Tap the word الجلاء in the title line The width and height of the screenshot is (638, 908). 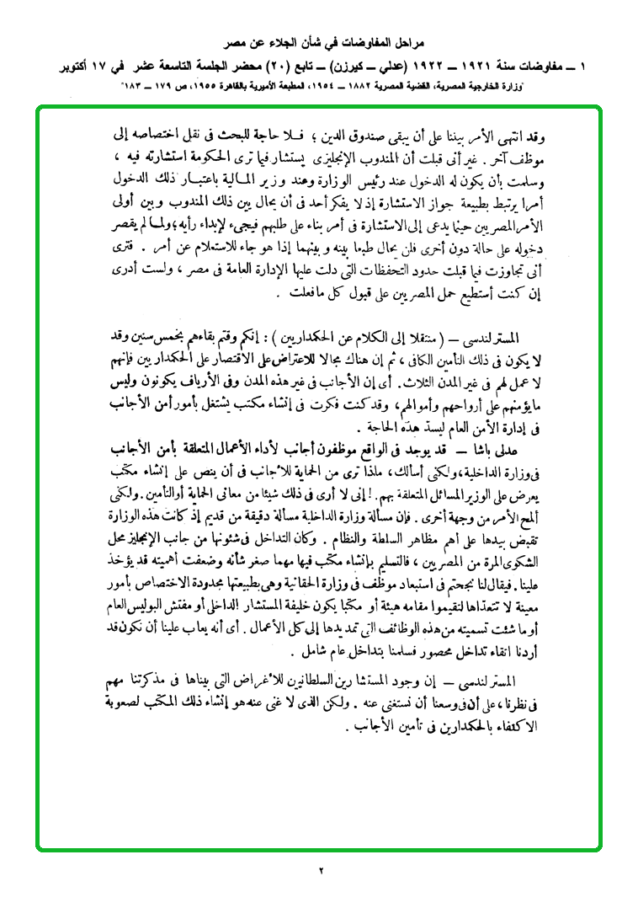[280, 40]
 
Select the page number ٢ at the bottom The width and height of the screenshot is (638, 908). [321, 870]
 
